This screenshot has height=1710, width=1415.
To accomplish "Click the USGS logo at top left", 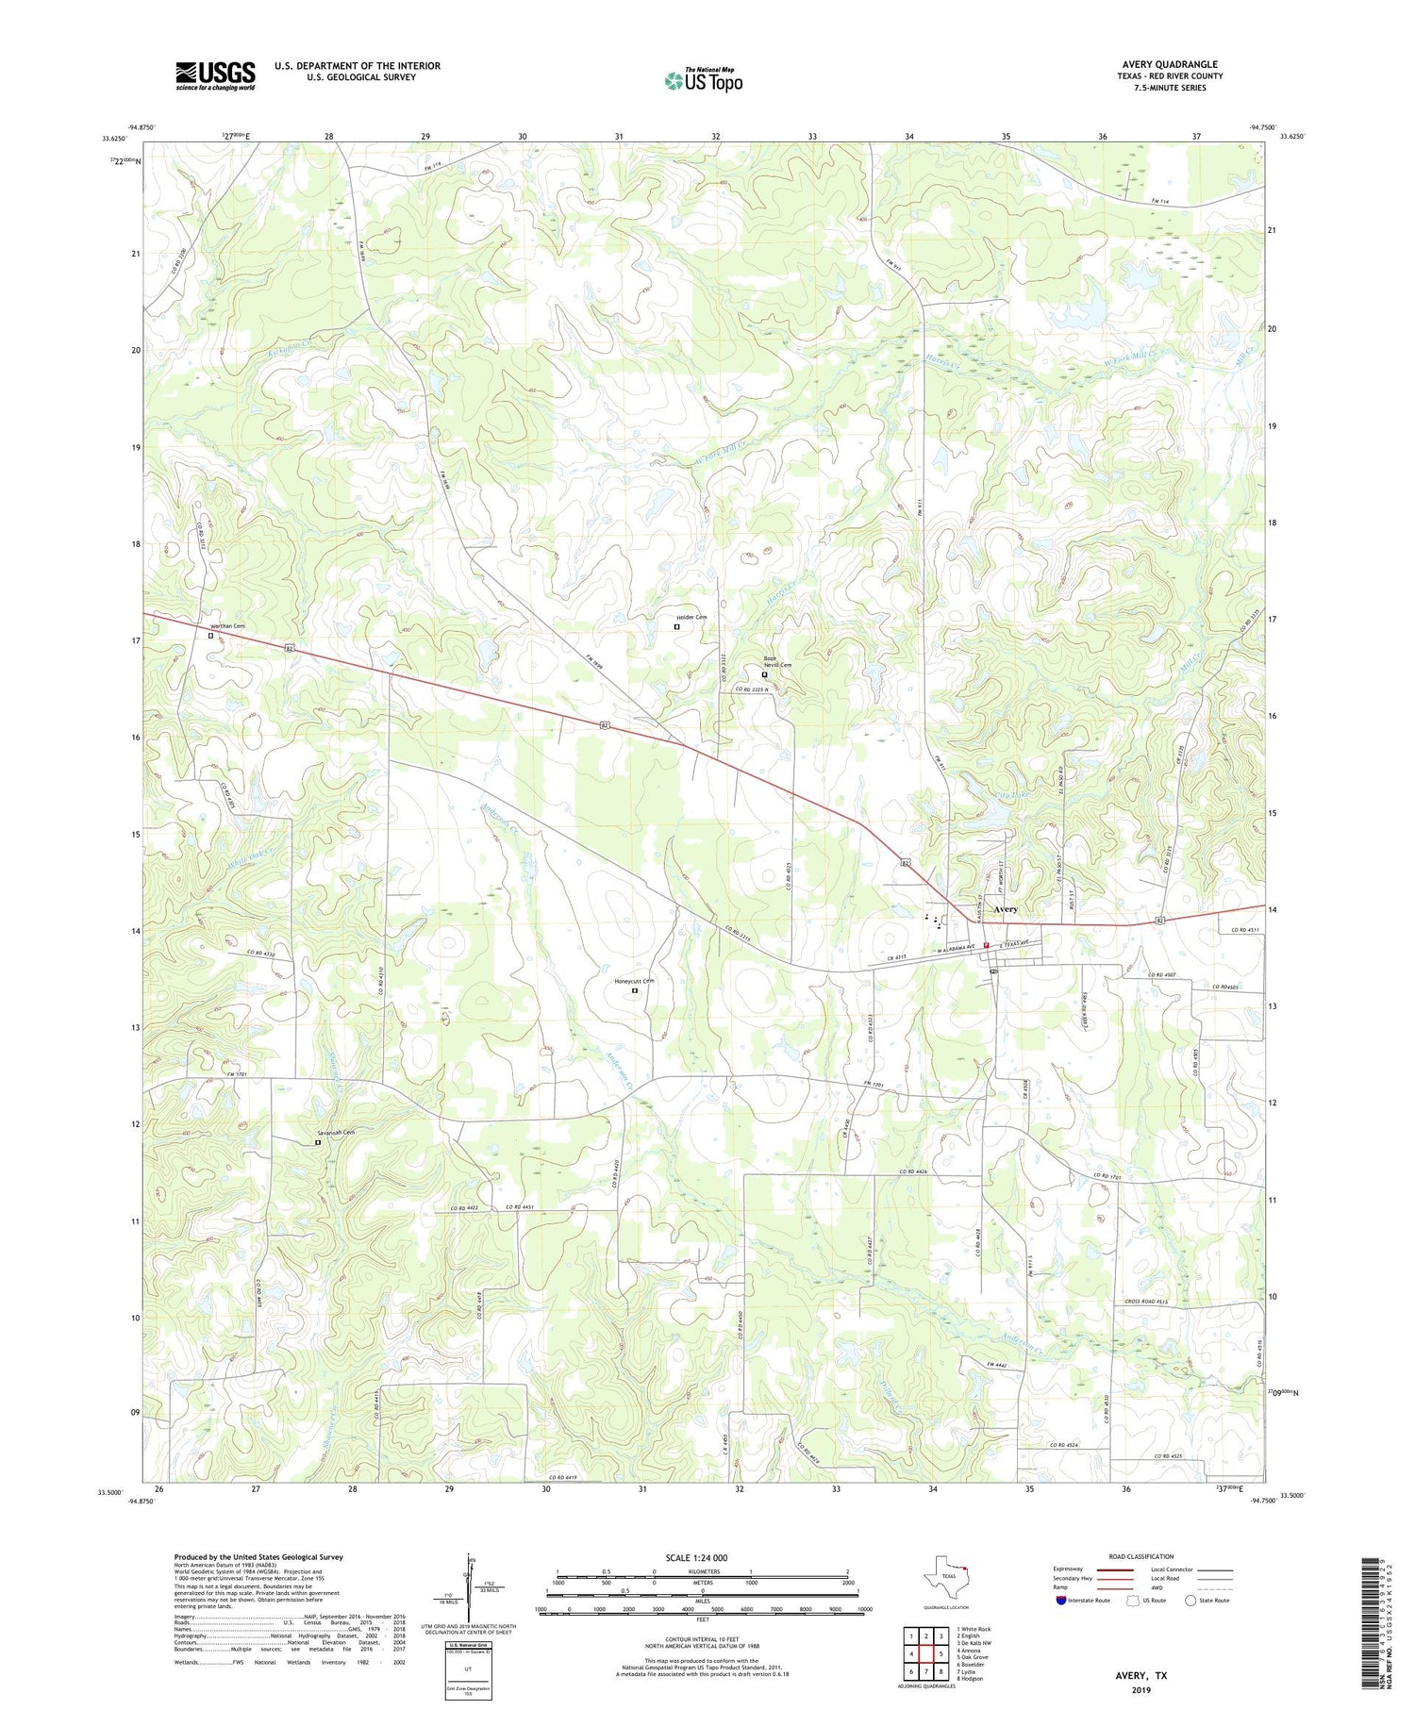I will coord(215,75).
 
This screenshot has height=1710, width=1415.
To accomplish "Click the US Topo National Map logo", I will coord(703,79).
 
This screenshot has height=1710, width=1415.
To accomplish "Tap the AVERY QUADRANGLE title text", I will coord(1169,64).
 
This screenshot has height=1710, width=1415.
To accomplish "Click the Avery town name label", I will coord(1006,909).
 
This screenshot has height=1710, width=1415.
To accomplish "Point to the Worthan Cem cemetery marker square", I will coord(210,636).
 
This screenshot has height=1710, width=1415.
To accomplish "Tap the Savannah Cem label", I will coord(335,1132).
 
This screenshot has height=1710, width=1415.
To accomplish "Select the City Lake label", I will coord(985,795).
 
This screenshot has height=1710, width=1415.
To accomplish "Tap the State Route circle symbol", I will coord(1192,1601).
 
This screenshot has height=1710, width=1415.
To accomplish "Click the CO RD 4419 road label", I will coord(568,1478).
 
